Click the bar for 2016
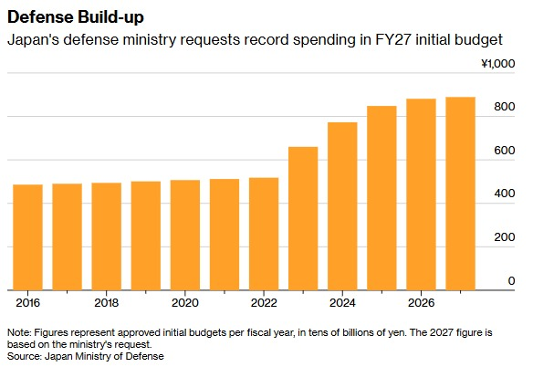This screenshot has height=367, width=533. tap(28, 237)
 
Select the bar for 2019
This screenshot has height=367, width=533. tap(146, 236)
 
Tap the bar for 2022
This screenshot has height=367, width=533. tap(264, 234)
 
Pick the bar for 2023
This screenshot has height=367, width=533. tap(303, 219)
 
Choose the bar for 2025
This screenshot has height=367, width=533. tap(381, 198)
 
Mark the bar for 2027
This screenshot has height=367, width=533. tap(461, 194)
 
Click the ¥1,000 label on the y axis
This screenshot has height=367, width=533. tap(498, 64)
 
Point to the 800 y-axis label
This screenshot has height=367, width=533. tap(505, 107)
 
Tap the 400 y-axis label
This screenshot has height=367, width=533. tap(505, 194)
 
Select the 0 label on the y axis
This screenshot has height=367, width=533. tap(512, 281)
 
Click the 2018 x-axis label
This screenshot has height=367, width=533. tap(107, 302)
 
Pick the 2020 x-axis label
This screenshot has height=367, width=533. tap(185, 302)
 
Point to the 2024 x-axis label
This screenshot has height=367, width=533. tap(342, 302)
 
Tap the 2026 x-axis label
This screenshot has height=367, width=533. tap(421, 302)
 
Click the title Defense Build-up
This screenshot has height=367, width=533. tap(76, 17)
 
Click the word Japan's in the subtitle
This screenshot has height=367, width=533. tap(33, 40)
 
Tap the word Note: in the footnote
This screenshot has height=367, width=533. tap(19, 332)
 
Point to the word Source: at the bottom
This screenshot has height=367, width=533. tap(25, 356)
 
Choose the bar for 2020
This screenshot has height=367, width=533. tap(185, 235)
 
